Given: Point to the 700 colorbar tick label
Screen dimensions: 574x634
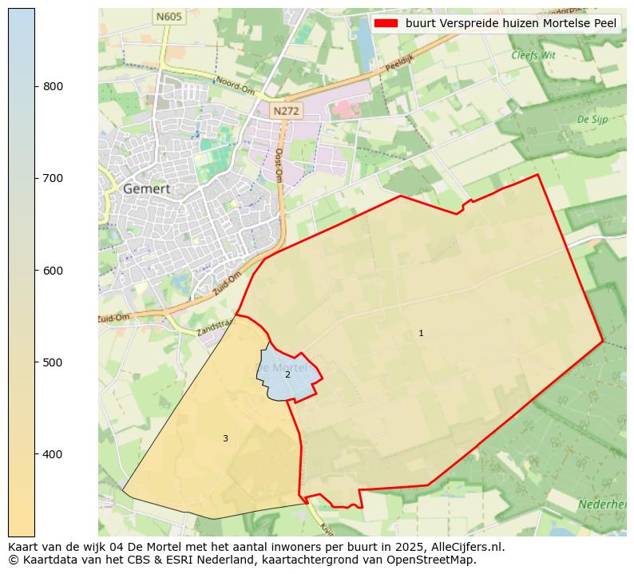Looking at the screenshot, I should point(53,178).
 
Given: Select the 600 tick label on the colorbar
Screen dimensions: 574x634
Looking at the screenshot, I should point(53,271).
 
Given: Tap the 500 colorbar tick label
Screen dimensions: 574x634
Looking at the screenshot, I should point(53,362).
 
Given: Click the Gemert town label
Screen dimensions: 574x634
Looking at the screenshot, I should point(147,189).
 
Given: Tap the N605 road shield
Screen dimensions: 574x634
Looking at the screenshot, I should point(169,16).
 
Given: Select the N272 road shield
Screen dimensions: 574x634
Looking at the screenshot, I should point(285,112).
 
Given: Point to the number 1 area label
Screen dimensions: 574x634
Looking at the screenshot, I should point(421,333).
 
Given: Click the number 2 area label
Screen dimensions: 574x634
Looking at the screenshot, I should point(287,374).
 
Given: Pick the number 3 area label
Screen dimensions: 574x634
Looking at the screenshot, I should point(225,438).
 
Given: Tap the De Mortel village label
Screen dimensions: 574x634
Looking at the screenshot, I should point(281,367).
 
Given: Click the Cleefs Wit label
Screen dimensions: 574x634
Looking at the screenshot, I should point(533,56).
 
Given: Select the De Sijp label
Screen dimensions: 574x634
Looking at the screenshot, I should point(592,120).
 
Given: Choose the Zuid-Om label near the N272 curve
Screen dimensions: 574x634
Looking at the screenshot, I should point(228,284).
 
